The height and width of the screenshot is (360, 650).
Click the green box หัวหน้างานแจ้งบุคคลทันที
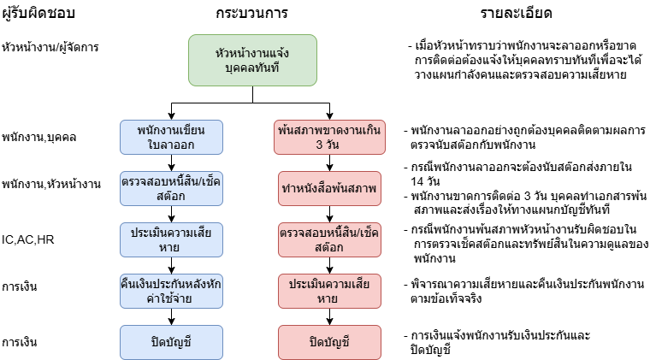(252, 61)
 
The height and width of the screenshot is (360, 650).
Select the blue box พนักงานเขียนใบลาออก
(171, 138)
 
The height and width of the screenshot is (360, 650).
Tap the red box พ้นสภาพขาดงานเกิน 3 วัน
(329, 138)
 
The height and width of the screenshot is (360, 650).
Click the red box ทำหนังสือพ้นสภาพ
(329, 188)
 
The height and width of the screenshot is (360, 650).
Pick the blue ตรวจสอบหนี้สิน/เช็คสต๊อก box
(171, 188)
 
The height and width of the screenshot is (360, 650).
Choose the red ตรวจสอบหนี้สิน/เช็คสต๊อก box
(329, 240)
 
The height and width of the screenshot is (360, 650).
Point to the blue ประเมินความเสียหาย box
(171, 240)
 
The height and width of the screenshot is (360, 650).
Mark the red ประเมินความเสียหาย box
(329, 292)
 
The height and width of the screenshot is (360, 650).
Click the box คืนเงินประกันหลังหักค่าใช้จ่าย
(171, 292)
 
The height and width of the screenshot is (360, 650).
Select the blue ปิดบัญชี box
(171, 343)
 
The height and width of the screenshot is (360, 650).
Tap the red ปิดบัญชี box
(329, 343)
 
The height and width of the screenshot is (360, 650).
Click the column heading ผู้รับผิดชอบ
(38, 14)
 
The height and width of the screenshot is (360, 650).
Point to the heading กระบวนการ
(251, 14)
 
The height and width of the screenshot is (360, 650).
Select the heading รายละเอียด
(516, 14)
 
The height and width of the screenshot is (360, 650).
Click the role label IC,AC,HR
(27, 240)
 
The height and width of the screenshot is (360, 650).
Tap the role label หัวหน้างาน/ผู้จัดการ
(50, 47)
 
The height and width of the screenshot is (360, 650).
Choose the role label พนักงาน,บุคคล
(39, 137)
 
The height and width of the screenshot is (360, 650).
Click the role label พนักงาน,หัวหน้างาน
(51, 184)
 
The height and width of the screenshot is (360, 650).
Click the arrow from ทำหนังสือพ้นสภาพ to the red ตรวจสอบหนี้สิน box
(329, 214)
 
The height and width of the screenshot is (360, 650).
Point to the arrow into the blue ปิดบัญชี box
(171, 317)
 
